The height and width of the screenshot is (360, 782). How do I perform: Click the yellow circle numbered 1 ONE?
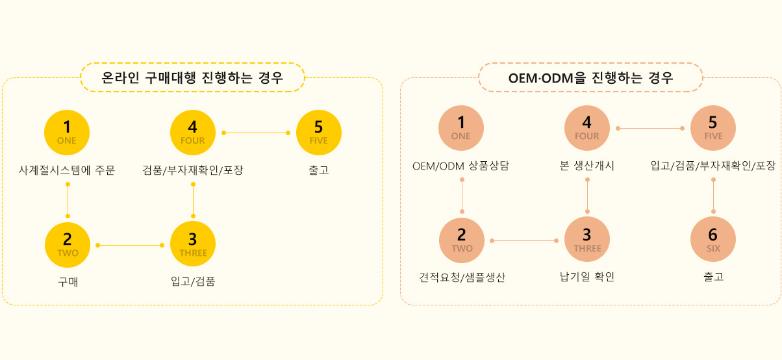67,133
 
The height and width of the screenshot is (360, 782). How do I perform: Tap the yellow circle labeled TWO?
68,245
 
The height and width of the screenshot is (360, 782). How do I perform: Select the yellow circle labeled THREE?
193,244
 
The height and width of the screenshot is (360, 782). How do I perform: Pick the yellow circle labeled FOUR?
193,133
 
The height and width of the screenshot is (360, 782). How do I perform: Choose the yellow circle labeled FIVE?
319,133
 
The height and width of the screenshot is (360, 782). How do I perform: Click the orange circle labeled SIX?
713,239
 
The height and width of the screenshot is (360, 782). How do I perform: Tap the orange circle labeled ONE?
461,128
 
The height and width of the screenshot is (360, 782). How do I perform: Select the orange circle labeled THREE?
587,239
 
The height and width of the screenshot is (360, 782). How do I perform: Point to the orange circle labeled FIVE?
713,128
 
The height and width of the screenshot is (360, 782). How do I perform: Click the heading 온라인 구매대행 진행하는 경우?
192,77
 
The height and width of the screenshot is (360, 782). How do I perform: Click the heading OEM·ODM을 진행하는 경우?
590,77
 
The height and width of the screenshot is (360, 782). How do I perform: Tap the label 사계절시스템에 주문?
67,170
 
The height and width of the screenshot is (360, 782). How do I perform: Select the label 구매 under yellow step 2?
68,282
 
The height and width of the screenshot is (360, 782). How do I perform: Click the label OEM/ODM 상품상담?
461,166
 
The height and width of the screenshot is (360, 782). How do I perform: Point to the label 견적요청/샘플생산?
462,277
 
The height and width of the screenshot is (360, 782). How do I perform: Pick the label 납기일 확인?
587,277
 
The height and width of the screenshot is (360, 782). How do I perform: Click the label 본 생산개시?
587,166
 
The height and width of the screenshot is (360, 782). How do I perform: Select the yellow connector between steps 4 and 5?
256,133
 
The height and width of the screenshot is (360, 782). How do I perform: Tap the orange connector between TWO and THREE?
524,240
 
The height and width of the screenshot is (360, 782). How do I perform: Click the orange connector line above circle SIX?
713,196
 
